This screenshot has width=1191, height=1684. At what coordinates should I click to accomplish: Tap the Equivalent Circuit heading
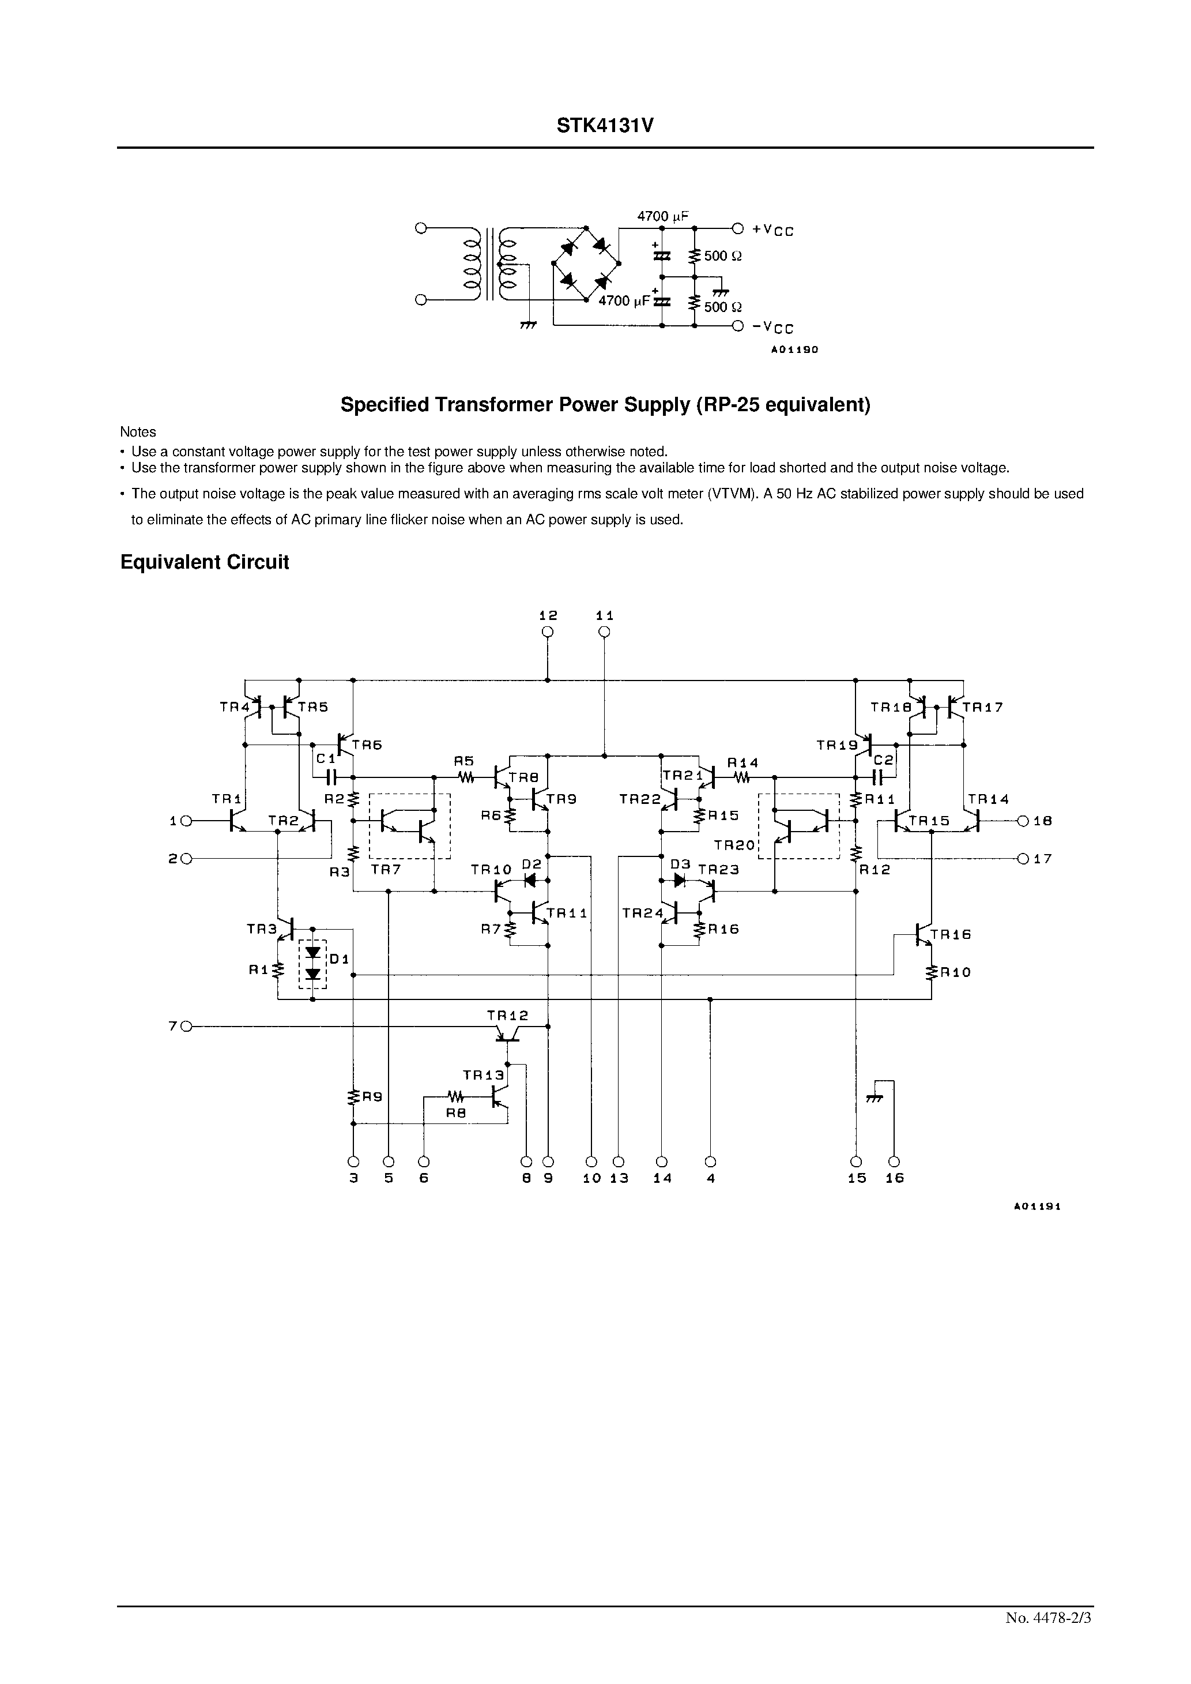coord(205,562)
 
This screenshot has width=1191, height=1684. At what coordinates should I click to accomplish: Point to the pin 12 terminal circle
coord(547,632)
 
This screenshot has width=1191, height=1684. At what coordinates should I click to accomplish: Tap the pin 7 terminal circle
coord(186,1027)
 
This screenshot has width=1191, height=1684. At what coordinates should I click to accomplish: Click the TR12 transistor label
coord(507,1016)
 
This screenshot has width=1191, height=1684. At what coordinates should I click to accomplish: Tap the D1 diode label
coord(340,958)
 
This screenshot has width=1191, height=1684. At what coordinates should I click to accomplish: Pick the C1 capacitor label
coord(326,758)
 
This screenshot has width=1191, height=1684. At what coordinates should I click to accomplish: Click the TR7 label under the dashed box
coord(386,870)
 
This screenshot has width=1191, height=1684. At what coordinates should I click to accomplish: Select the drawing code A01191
coord(1038,1206)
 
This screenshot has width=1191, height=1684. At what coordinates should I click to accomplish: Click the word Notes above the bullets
coord(138,432)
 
